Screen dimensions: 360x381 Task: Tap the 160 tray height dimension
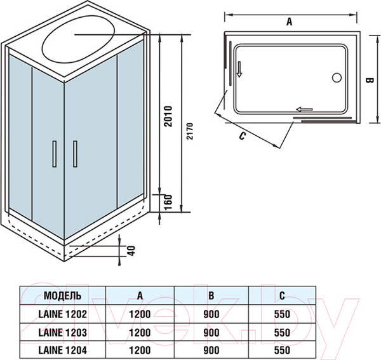tap(168, 202)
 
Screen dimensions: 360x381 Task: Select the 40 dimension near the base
tap(132, 250)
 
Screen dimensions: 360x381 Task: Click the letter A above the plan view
tap(289, 22)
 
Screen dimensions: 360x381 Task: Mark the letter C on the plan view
tap(243, 136)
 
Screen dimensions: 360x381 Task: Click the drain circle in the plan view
tap(337, 79)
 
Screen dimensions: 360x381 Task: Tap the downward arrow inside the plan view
tap(240, 69)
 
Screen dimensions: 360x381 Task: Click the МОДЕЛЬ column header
tap(62, 295)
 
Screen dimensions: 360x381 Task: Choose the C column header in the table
tap(281, 295)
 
